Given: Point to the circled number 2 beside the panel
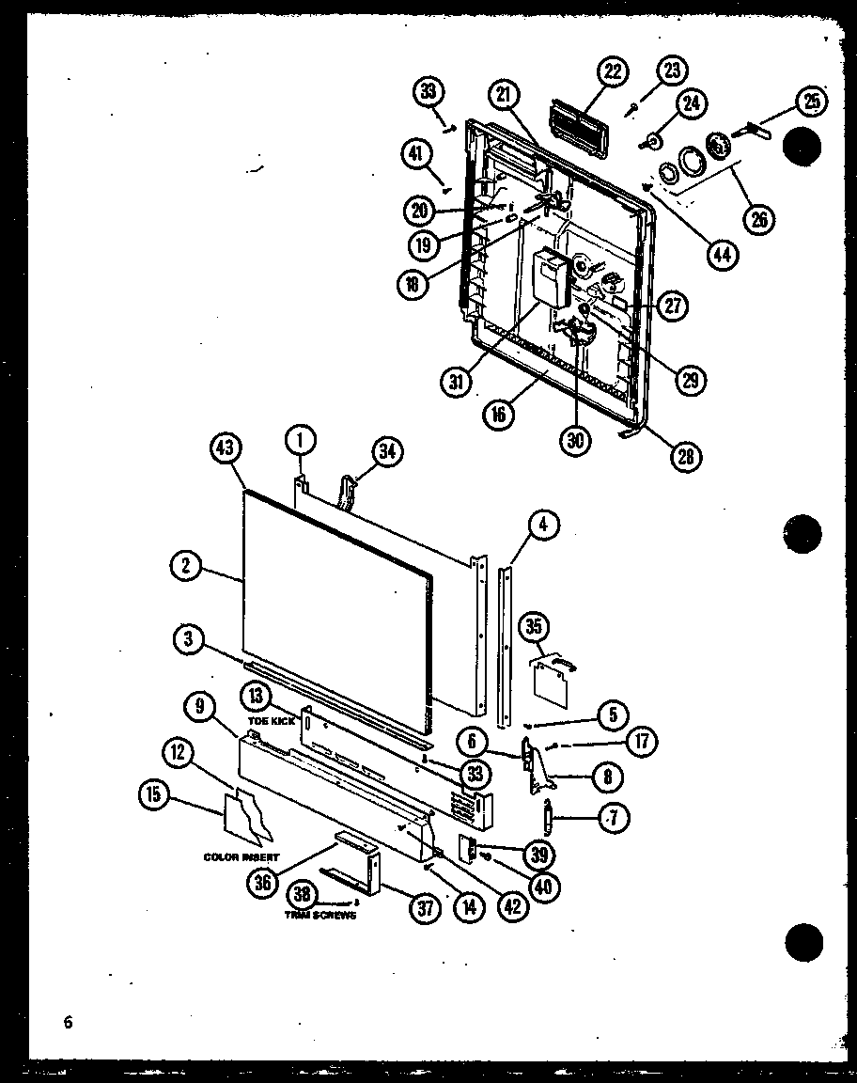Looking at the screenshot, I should point(188,564).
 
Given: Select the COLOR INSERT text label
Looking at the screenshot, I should point(241,857).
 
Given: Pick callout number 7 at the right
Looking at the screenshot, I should point(612,815).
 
